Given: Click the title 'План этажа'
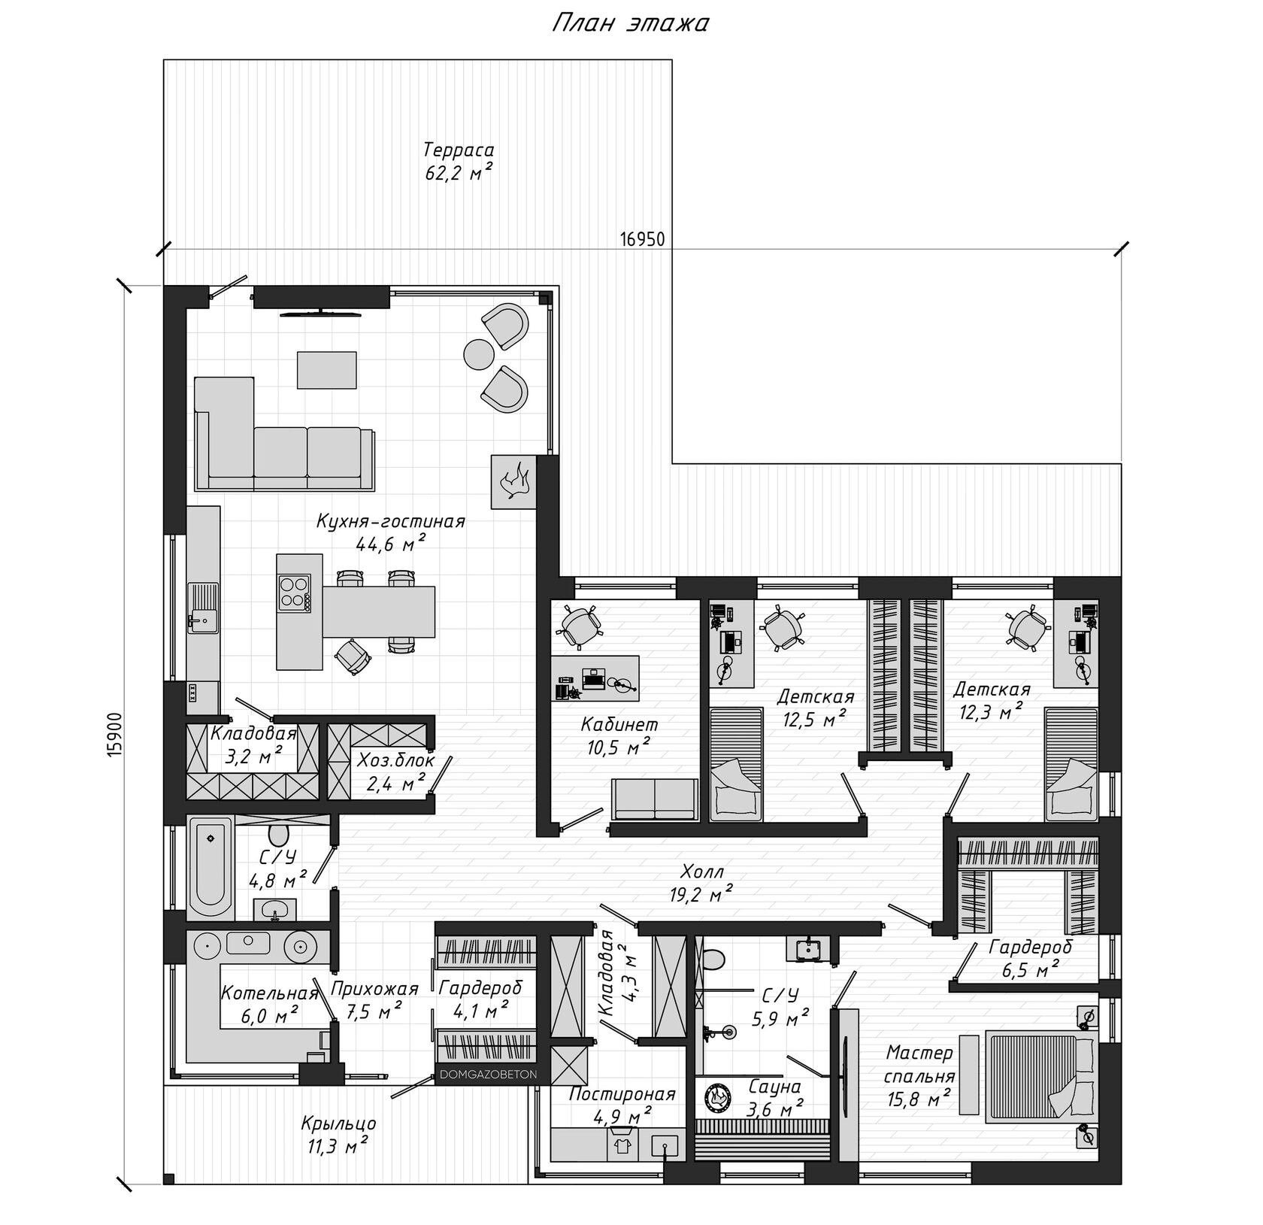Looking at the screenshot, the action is [x=631, y=24].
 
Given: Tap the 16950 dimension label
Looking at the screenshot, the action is [x=642, y=239].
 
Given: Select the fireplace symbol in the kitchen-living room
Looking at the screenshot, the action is [x=513, y=481].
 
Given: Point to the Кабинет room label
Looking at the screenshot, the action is [x=619, y=725].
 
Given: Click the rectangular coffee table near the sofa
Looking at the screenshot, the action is [x=328, y=369].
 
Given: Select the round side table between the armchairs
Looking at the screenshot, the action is [x=478, y=354].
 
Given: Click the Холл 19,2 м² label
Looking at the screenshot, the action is [x=701, y=883].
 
